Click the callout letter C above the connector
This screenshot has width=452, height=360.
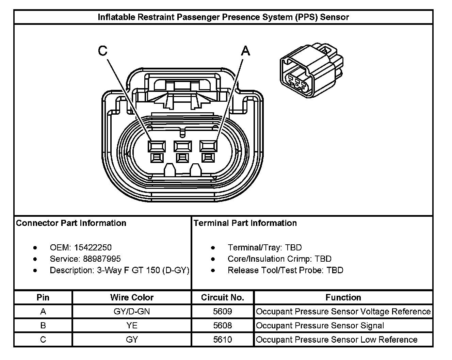102,51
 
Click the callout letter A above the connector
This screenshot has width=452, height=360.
245,51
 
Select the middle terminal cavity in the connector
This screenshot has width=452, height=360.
182,146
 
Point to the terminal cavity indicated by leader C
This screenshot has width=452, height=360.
157,146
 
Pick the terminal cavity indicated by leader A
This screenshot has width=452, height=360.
208,146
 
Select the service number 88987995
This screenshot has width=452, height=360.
102,259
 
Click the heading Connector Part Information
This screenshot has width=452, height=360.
71,223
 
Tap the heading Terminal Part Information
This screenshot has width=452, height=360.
245,223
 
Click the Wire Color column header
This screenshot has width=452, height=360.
132,297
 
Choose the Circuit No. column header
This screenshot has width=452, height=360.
223,297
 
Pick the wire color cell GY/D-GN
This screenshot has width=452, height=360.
132,311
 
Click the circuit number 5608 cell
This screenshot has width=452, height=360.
223,326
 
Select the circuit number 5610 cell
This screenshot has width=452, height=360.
223,340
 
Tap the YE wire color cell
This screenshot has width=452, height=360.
132,326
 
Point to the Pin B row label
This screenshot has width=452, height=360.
43,326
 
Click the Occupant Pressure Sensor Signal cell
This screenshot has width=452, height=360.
320,326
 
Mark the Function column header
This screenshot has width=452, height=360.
343,297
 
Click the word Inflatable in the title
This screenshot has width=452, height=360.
116,17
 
